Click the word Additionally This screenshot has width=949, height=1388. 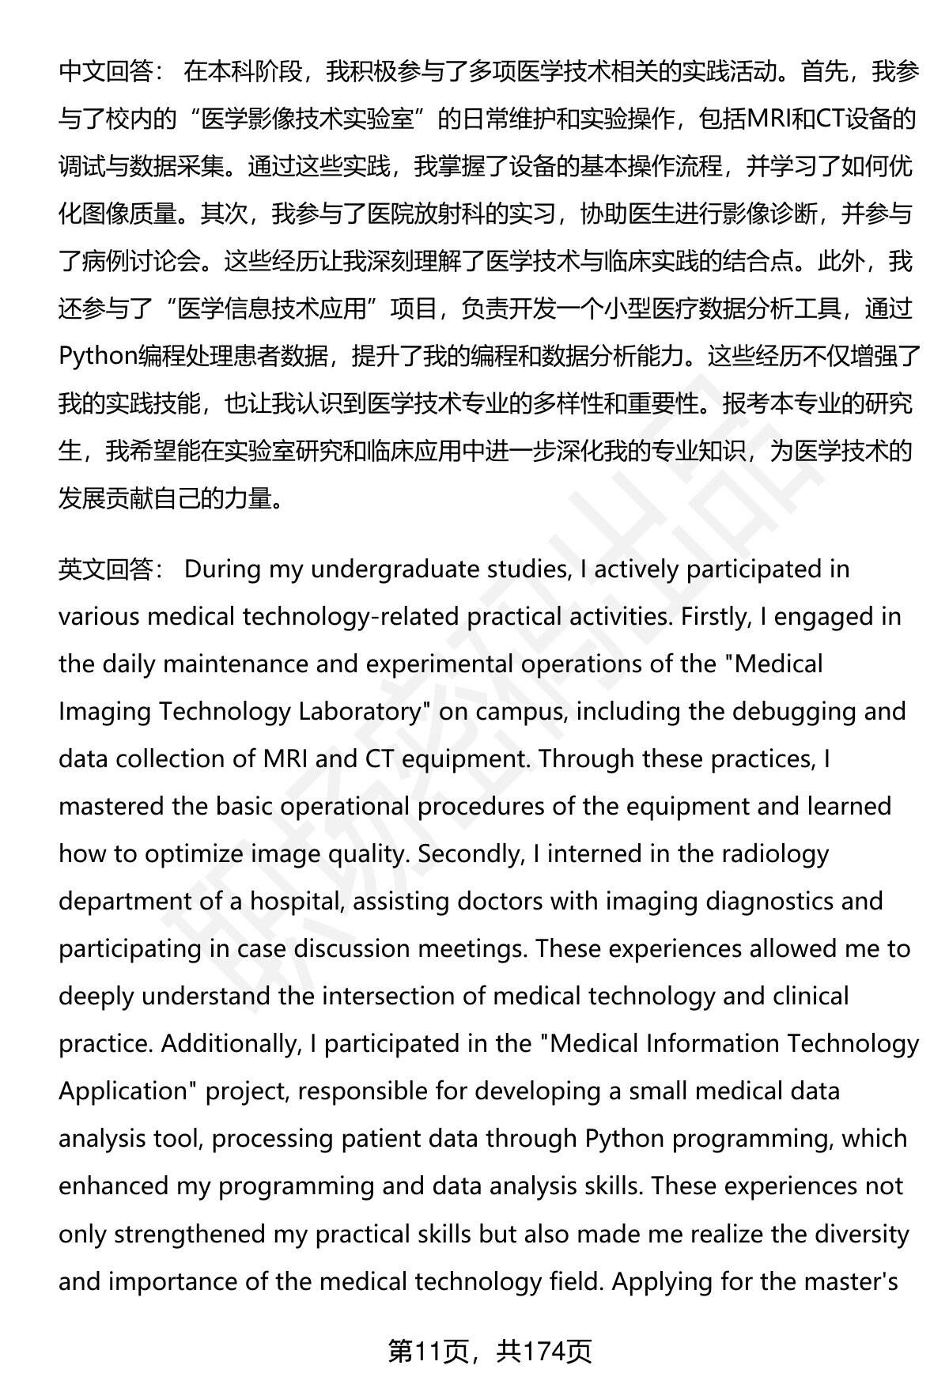231,1044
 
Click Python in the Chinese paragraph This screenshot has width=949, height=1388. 97,357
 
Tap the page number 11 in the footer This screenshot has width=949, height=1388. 426,1352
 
